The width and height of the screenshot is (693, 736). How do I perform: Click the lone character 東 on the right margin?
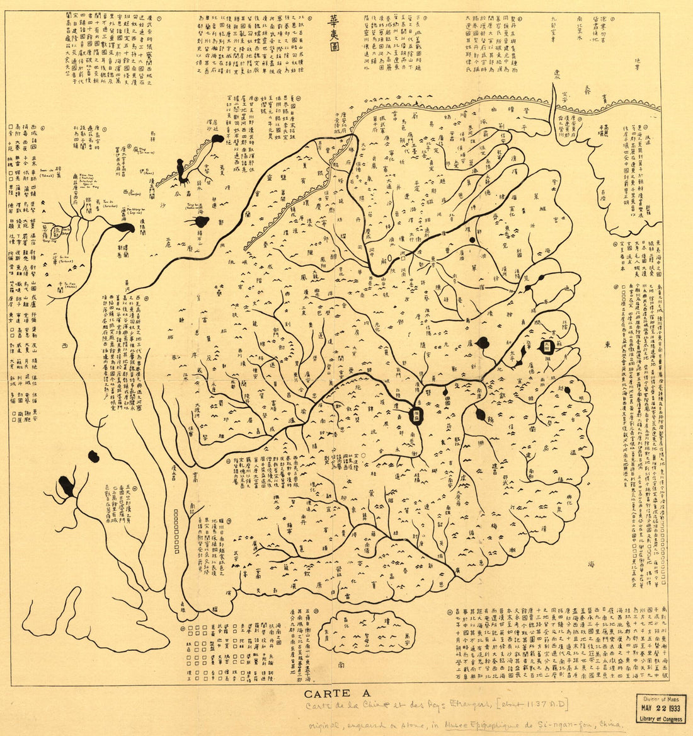tap(607, 345)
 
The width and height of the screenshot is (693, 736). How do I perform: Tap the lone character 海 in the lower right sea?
tap(590, 565)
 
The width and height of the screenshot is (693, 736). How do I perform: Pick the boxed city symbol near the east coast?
tap(547, 346)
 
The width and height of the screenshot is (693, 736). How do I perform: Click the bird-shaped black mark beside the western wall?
tap(182, 171)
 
